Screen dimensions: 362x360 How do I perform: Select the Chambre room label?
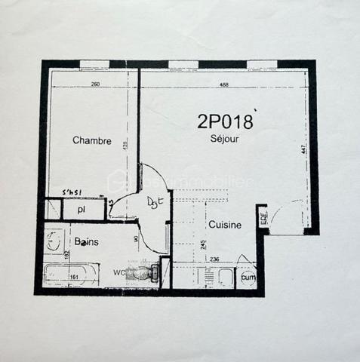(92, 141)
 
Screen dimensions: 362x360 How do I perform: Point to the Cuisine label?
(225, 225)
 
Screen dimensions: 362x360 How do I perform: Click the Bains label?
(86, 242)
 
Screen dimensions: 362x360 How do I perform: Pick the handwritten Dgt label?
(155, 201)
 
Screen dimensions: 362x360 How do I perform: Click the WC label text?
(118, 271)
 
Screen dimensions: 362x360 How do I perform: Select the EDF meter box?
(263, 218)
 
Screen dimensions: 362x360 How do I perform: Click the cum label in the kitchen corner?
(247, 277)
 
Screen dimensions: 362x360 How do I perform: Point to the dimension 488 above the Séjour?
(224, 84)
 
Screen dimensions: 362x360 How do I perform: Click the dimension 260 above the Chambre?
(95, 84)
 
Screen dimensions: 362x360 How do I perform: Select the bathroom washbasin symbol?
(54, 241)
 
